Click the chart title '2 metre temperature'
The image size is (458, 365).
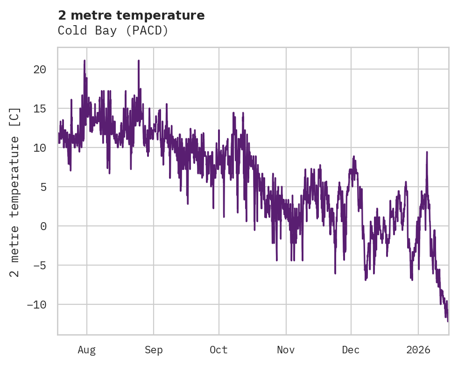coord(131,15)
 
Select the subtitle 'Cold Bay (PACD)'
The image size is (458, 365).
coord(113,30)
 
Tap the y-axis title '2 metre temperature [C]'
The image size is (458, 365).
coord(15,192)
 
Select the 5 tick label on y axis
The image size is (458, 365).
coord(43,187)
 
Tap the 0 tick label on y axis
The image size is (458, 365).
coord(43,226)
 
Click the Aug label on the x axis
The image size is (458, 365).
coord(86,350)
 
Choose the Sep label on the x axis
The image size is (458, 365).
coord(154,350)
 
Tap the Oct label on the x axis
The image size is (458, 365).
coord(218,350)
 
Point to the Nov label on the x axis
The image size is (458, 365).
coord(286,350)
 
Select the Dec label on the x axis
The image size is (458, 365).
coord(351,350)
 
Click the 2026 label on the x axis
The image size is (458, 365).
coord(418,350)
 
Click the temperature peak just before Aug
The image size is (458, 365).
coord(85,60)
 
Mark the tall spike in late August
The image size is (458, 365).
coord(139,60)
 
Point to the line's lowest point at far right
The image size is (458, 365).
coord(447,321)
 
